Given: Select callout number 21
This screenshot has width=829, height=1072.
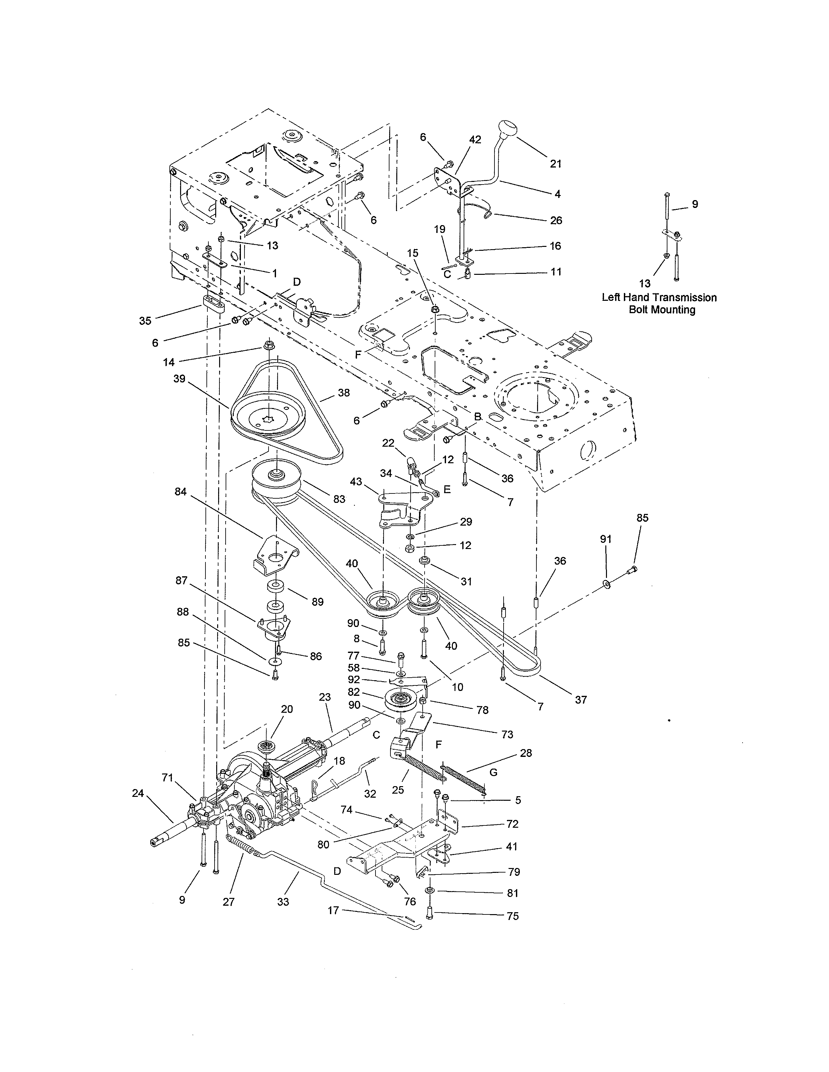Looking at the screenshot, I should (556, 164).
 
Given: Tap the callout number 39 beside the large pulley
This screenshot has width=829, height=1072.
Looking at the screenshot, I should (179, 379).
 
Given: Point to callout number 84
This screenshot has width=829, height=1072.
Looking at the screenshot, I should (181, 491).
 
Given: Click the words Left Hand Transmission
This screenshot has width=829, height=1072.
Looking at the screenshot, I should (659, 298).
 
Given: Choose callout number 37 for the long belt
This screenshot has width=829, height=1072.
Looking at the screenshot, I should (581, 700).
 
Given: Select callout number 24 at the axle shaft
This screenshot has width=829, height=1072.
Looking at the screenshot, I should (138, 793).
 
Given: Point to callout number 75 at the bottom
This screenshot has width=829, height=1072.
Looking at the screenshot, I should (512, 916).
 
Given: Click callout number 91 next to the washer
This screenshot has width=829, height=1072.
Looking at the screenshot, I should (606, 539).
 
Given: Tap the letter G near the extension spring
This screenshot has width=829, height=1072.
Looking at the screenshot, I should (493, 772).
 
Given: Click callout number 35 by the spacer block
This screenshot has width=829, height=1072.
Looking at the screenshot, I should (145, 321).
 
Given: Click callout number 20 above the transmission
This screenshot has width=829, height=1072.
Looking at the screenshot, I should (287, 709).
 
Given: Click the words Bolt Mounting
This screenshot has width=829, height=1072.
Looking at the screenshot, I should (662, 310).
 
